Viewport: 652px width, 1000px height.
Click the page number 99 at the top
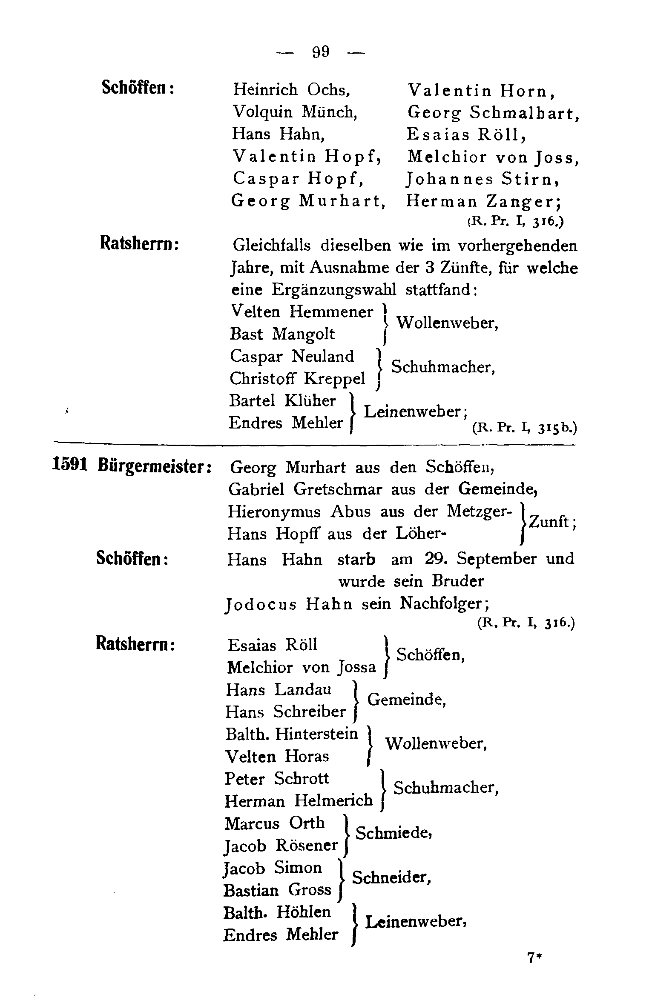tap(321, 52)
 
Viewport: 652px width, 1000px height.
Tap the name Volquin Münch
tap(294, 112)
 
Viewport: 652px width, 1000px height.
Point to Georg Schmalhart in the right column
tap(493, 113)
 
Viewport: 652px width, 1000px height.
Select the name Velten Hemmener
tap(302, 312)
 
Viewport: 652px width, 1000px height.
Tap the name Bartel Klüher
tap(282, 401)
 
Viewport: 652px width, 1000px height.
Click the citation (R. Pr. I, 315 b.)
tap(524, 428)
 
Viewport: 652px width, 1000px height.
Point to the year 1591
tap(69, 465)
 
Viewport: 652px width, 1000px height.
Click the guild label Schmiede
tap(393, 833)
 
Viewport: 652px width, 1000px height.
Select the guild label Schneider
tap(391, 877)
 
